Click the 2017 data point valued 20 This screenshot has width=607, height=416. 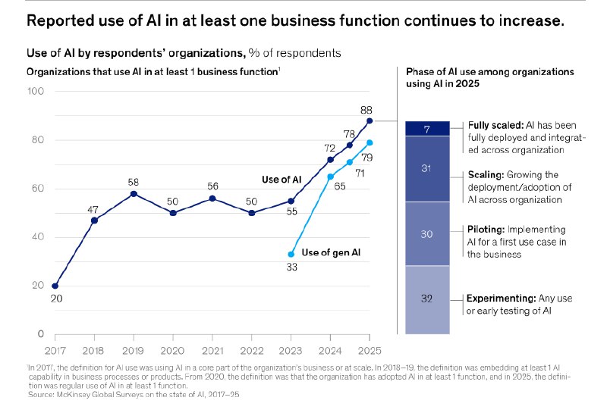(x=55, y=286)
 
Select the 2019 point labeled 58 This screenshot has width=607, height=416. (x=134, y=194)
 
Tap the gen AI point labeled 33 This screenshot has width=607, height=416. (x=291, y=254)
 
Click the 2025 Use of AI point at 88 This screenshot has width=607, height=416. (x=370, y=120)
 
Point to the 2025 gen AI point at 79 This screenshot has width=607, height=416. (x=370, y=142)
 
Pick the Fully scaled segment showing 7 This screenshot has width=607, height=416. (x=427, y=129)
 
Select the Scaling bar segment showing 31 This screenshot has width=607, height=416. (x=427, y=169)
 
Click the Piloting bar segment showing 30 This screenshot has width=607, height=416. (x=427, y=234)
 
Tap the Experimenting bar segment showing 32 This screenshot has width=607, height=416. (x=427, y=299)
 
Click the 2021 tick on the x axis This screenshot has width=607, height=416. (x=212, y=351)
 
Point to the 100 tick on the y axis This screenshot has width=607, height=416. (x=36, y=92)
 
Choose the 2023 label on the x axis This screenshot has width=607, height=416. (x=291, y=351)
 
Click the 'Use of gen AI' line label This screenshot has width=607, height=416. (x=330, y=252)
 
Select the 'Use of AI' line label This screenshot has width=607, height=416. (x=281, y=180)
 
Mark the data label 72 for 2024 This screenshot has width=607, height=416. (x=330, y=148)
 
